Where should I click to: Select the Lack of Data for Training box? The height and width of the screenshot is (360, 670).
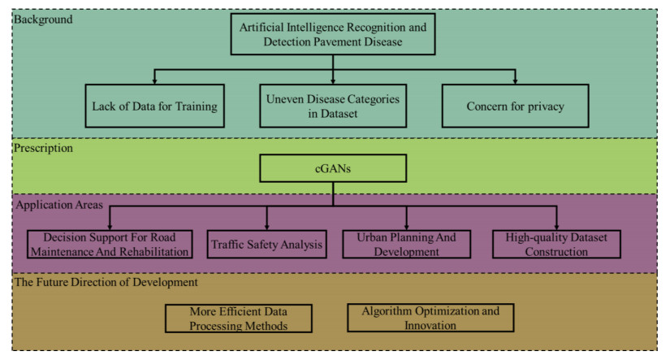point(154,106)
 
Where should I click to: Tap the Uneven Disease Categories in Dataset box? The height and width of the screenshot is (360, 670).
point(334,106)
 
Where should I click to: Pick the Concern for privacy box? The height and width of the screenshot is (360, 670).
point(515,106)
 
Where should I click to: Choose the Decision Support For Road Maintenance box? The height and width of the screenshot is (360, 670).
point(110,244)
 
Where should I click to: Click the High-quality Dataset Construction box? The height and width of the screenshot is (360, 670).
point(556,244)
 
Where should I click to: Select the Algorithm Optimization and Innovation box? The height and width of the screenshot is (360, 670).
point(430,318)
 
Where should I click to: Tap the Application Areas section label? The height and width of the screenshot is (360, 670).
point(59,205)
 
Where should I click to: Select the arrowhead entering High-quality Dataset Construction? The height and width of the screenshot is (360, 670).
point(556,225)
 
